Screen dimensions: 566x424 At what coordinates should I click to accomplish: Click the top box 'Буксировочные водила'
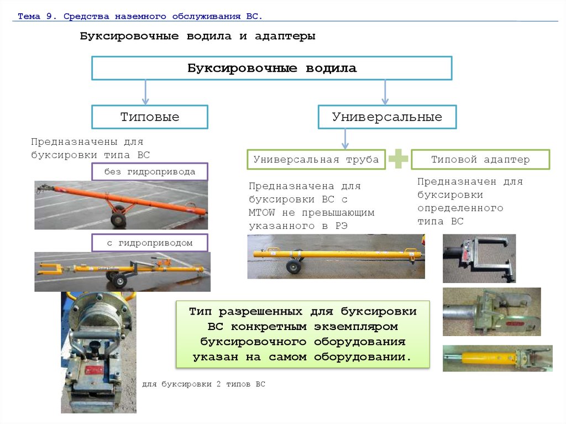coord(271,68)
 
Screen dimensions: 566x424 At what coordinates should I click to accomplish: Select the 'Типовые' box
coord(150,117)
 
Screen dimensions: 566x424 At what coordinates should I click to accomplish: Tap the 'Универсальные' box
coord(387,117)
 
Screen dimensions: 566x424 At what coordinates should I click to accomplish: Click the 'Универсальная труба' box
coord(316,159)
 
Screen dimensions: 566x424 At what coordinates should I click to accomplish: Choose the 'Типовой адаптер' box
coord(480,159)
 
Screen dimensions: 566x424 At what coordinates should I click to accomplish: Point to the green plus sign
coord(398,159)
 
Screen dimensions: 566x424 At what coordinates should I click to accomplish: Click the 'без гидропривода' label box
coord(149,171)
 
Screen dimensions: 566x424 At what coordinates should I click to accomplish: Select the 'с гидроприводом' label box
coord(149,243)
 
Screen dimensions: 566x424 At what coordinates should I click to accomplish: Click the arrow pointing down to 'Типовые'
coord(145,92)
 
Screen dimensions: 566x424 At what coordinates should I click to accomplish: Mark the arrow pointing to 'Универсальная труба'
coord(345,138)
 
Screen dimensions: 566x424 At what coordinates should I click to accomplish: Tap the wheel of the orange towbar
coord(118,220)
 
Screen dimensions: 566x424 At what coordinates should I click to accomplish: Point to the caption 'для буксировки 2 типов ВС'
coord(203,384)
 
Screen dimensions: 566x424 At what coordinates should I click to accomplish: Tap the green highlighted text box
coord(302,334)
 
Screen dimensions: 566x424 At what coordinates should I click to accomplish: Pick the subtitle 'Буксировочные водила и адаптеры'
coord(197,36)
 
